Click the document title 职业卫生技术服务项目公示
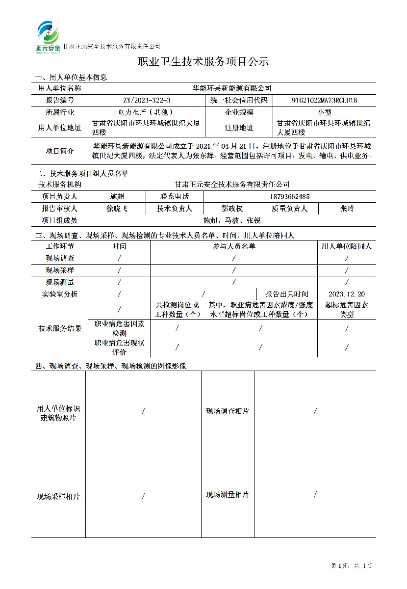[203, 62]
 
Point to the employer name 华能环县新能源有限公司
[231, 88]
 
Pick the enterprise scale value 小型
[325, 112]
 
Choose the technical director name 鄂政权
[232, 209]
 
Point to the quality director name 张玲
[347, 209]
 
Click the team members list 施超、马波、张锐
[232, 220]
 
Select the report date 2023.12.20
[347, 294]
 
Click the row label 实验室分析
[60, 294]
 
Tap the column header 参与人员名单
[234, 246]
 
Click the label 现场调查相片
[227, 411]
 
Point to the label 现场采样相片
[58, 497]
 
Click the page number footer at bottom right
[351, 566]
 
